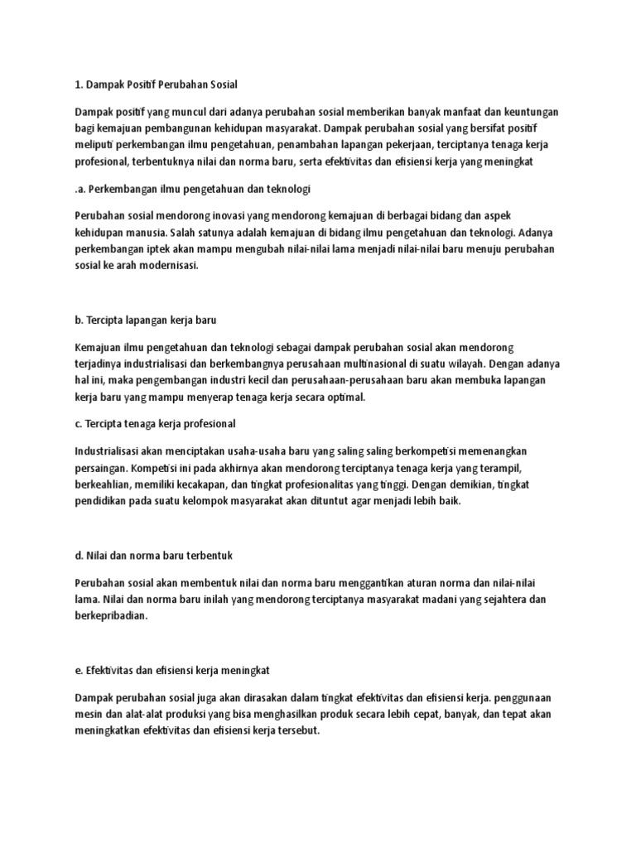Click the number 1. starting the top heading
[79, 84]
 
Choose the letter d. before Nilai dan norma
[79, 554]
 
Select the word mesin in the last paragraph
[91, 712]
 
